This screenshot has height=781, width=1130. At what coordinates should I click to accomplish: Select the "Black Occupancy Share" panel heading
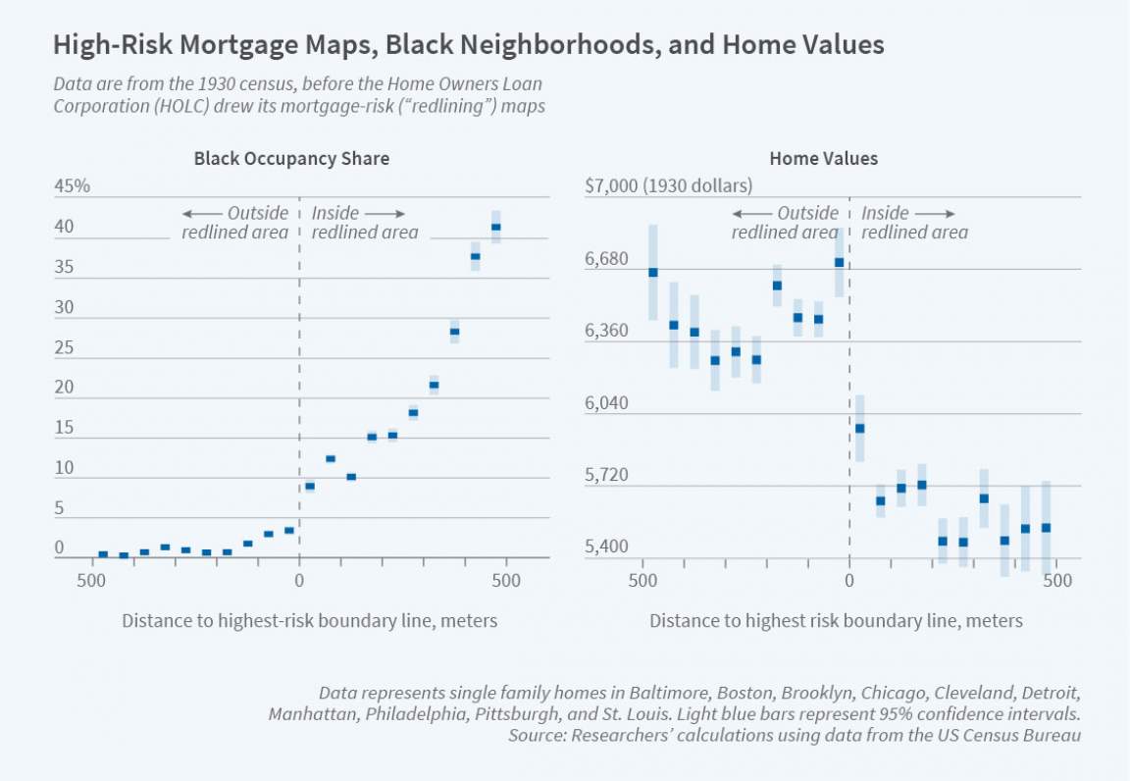291,158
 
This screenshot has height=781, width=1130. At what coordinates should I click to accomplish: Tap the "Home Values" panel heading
823,158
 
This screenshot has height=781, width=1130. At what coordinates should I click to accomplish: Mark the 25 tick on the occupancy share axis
64,347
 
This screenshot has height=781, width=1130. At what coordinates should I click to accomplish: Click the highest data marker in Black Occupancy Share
496,228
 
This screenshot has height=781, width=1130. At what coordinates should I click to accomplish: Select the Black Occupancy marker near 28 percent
454,332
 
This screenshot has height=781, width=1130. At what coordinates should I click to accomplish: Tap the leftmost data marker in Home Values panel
653,273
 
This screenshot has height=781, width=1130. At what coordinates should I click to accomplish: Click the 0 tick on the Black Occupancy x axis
298,580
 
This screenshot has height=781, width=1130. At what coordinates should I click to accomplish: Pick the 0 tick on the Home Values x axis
849,580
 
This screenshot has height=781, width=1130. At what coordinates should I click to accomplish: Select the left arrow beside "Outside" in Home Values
751,214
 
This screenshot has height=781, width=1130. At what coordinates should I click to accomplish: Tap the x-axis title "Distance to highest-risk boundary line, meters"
309,621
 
